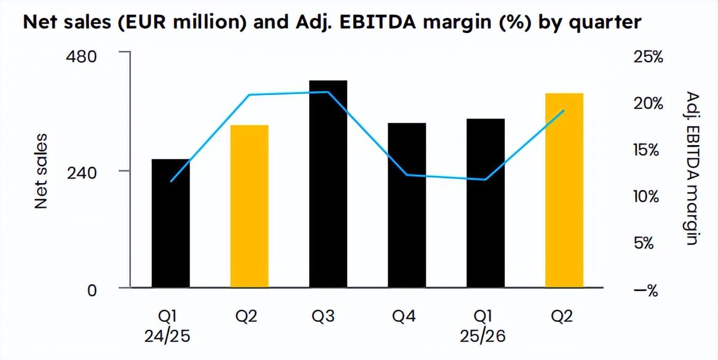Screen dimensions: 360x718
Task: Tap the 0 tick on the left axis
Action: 92,290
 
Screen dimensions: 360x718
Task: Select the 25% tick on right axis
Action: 648,57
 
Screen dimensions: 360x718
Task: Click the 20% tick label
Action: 648,103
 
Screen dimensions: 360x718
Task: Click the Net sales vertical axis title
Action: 41,171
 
